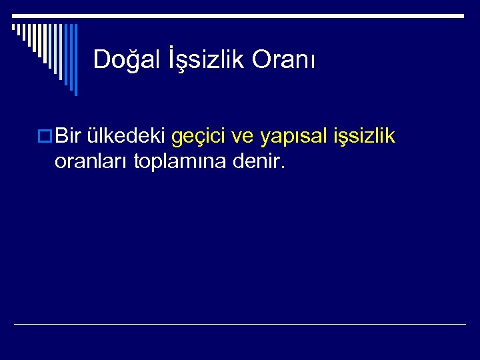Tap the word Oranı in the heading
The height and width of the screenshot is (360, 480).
(284, 59)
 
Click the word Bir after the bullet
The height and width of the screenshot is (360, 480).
(68, 137)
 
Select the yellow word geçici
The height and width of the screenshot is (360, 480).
(198, 138)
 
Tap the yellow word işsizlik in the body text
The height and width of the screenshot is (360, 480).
(364, 137)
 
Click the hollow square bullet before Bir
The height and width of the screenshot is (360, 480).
(46, 137)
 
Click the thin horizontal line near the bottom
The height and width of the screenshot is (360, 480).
(240, 325)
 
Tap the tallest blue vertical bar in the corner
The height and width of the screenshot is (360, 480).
(75, 60)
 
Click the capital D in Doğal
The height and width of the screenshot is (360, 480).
(101, 59)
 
